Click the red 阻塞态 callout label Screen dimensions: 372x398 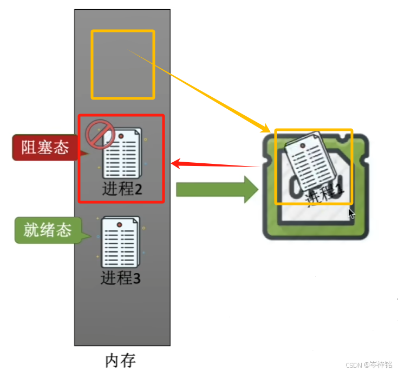(45, 148)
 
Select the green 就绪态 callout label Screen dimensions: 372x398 (48, 230)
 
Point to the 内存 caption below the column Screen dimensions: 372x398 (120, 360)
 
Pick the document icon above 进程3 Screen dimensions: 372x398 (120, 242)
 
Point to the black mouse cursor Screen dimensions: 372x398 (351, 214)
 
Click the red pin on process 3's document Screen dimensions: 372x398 (119, 223)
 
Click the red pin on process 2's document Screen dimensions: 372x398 (120, 134)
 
